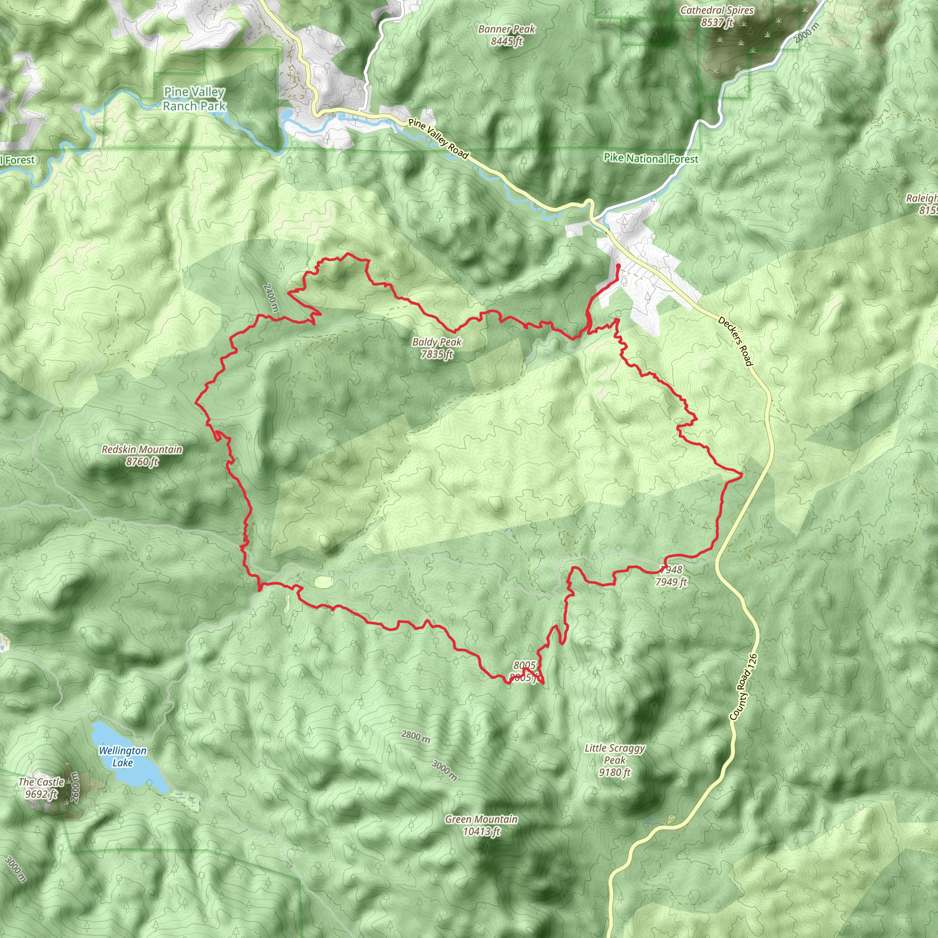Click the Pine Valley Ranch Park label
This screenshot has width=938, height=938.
tap(194, 98)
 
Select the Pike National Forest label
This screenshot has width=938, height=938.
tap(650, 159)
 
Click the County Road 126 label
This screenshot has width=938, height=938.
tap(743, 694)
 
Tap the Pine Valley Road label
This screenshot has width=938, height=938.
tap(438, 139)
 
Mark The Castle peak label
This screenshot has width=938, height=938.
tap(41, 782)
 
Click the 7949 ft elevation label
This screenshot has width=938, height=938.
tap(671, 582)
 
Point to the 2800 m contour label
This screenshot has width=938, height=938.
tap(415, 736)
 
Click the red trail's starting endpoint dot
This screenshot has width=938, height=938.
tap(617, 266)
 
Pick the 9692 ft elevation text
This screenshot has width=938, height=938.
tap(41, 794)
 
